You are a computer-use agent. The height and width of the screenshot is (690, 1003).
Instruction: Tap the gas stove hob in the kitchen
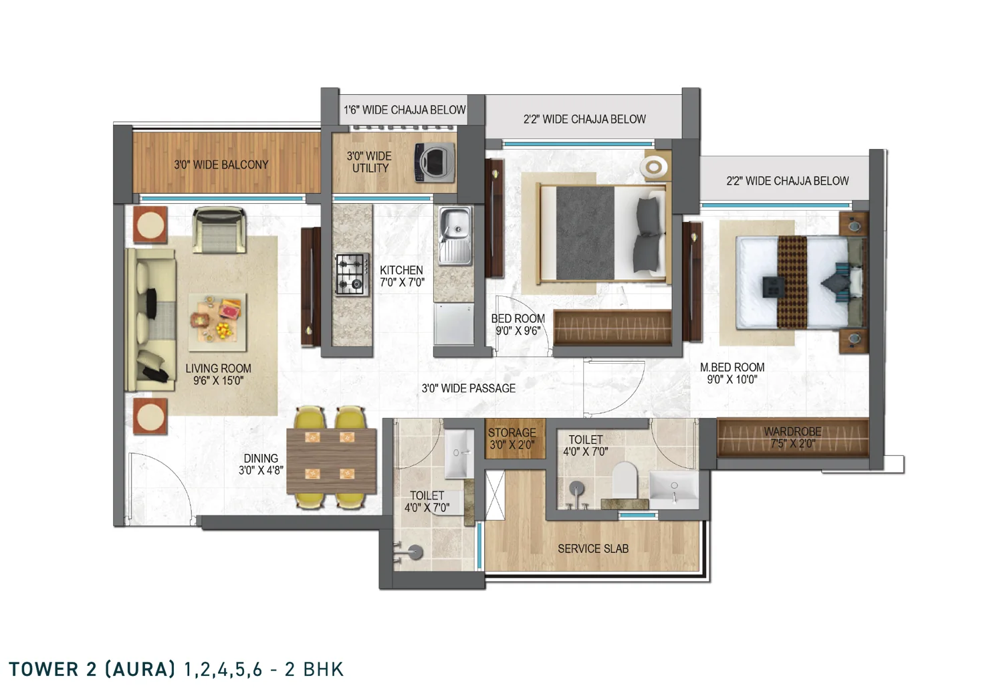tap(353, 274)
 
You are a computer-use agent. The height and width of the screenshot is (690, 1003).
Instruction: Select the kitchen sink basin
tap(455, 235)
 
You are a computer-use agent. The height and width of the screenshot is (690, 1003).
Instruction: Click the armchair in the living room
tap(219, 229)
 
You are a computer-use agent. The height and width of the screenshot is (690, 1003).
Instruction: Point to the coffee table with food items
tap(217, 322)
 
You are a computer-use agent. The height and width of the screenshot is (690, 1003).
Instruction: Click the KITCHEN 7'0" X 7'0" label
tap(402, 276)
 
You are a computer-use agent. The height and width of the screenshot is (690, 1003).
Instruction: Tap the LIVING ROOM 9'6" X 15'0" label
tap(218, 374)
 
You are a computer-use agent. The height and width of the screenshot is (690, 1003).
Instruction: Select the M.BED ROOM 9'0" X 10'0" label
tap(732, 374)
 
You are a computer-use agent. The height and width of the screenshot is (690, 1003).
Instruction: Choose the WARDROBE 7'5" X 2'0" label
tap(792, 437)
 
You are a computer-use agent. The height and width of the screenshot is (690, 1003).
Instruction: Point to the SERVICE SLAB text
tap(593, 548)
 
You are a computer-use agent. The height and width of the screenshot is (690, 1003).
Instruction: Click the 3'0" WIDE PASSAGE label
tap(468, 388)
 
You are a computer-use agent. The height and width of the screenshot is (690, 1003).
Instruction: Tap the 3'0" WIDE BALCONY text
tap(221, 164)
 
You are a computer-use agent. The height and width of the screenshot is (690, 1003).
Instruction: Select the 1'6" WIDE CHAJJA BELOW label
tap(405, 110)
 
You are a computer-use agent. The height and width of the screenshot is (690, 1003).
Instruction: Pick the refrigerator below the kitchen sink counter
tap(453, 324)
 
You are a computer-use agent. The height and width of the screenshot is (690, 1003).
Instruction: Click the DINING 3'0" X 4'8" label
tap(261, 464)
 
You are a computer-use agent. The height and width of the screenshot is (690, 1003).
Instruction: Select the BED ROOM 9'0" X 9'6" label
tap(518, 325)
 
